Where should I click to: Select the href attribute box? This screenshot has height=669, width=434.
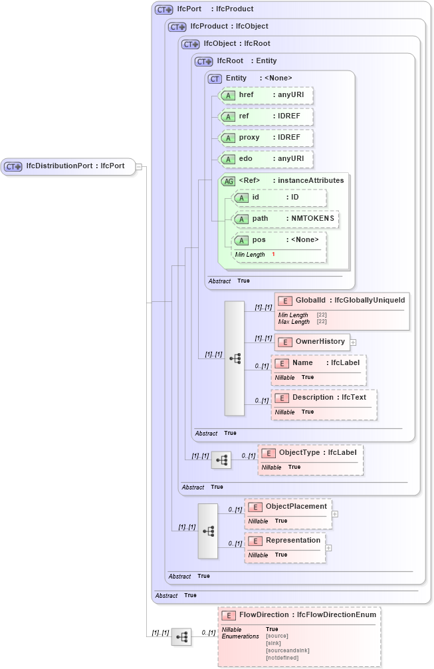pyautogui.click(x=266, y=96)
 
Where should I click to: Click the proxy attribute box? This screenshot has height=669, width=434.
pyautogui.click(x=266, y=138)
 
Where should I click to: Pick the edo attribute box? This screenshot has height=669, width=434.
pyautogui.click(x=266, y=160)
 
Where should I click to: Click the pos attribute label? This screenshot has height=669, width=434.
pyautogui.click(x=259, y=240)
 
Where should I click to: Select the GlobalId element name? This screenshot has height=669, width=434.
pyautogui.click(x=310, y=301)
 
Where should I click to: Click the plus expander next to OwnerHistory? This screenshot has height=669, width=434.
pyautogui.click(x=354, y=342)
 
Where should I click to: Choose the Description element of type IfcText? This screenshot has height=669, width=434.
pyautogui.click(x=324, y=398)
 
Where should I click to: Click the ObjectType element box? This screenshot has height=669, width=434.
pyautogui.click(x=310, y=453)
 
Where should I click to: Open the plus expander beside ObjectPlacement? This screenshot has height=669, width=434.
pyautogui.click(x=335, y=513)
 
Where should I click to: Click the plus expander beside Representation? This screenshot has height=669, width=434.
pyautogui.click(x=328, y=548)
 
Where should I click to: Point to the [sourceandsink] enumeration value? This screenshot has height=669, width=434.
pyautogui.click(x=287, y=650)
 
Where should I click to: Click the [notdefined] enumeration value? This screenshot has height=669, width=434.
pyautogui.click(x=282, y=658)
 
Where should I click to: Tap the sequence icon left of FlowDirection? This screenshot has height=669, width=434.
pyautogui.click(x=181, y=637)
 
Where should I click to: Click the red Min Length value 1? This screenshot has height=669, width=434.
pyautogui.click(x=273, y=255)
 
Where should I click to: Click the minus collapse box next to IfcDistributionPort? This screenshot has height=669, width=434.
pyautogui.click(x=139, y=166)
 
